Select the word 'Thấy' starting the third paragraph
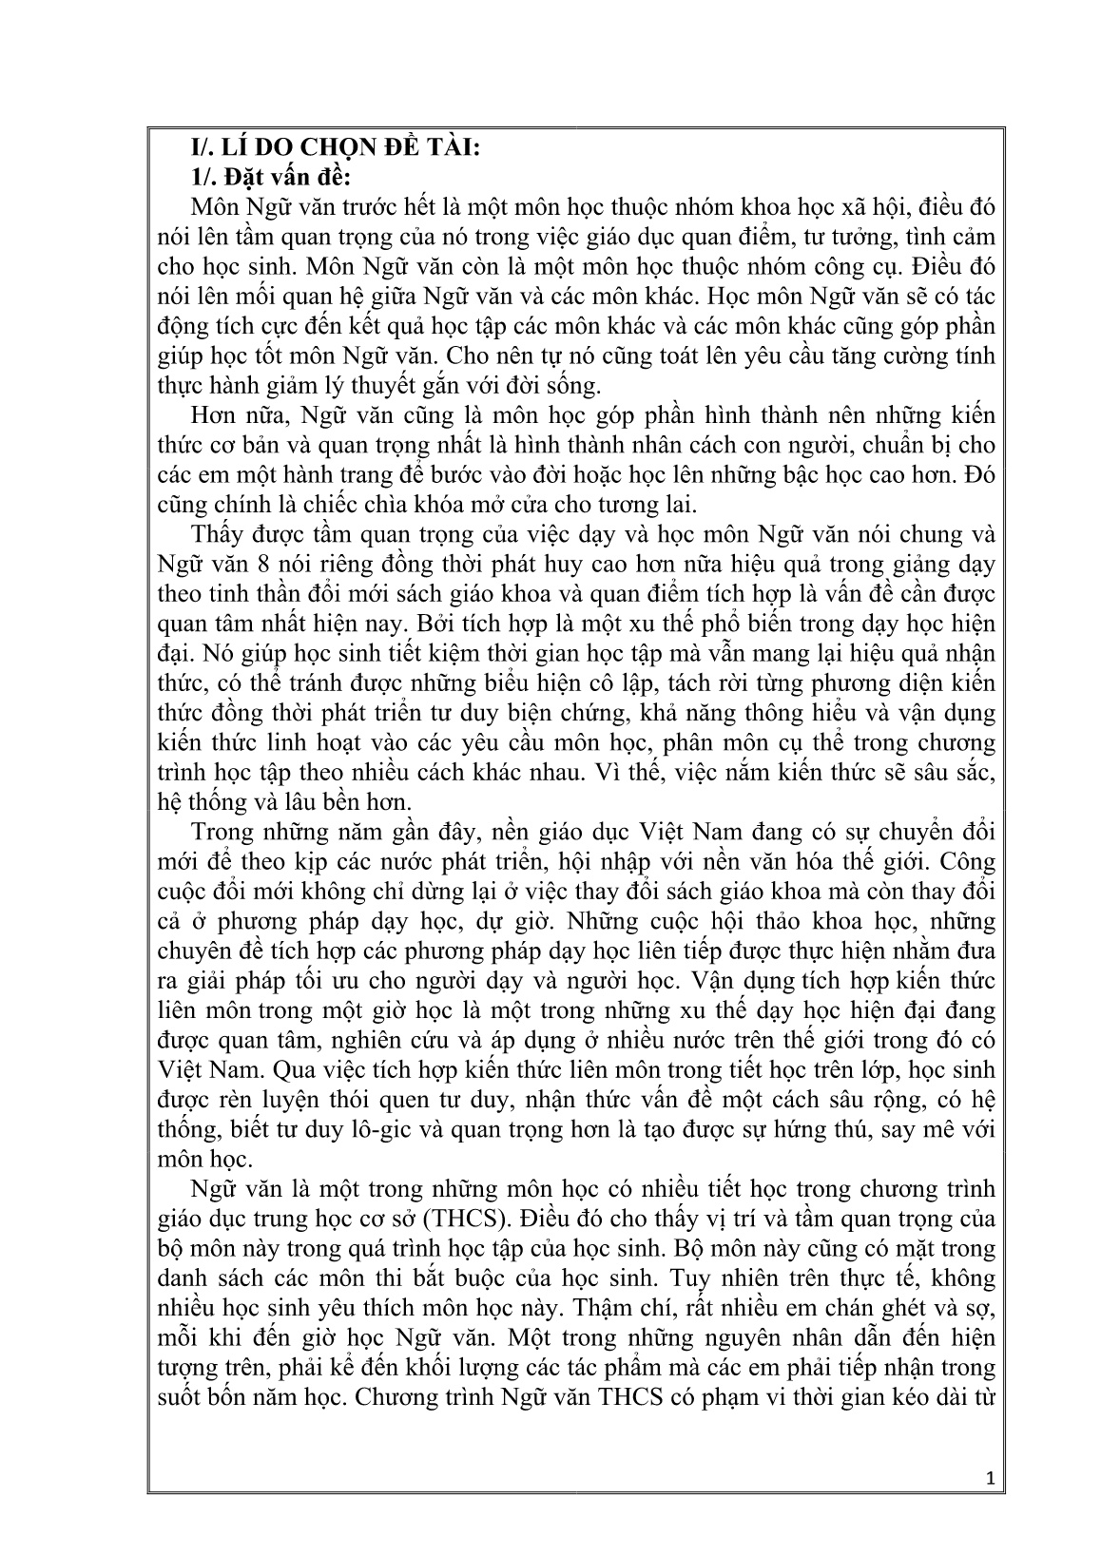[x=214, y=533]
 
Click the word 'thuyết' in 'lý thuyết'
[x=362, y=385]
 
